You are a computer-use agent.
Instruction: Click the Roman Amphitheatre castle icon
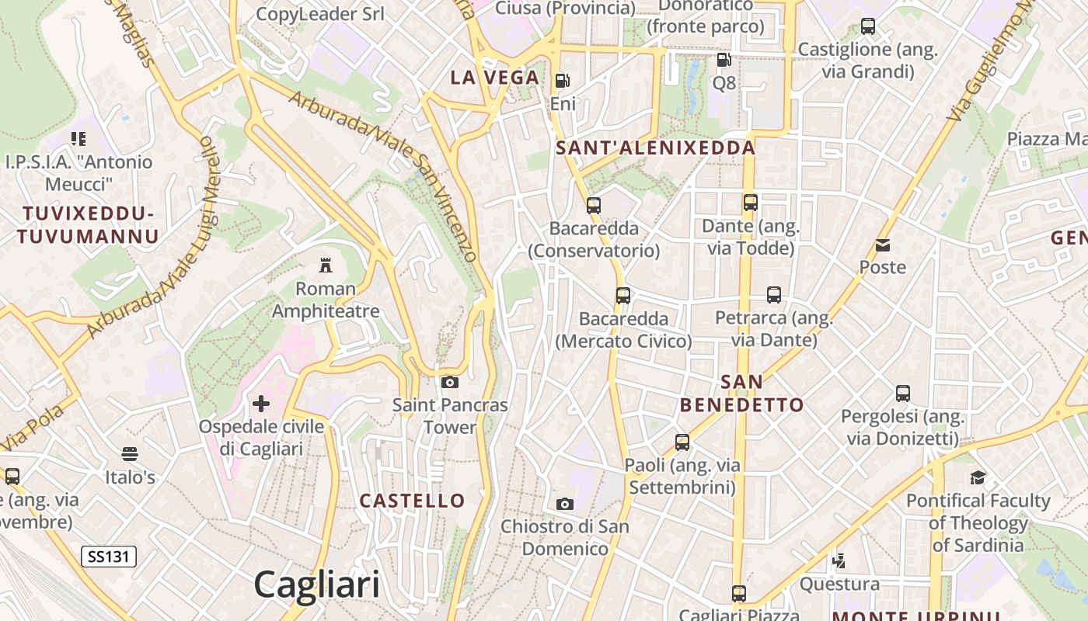326,265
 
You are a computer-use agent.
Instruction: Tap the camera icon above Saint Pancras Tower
449,382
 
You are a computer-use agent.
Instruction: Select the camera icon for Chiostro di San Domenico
565,504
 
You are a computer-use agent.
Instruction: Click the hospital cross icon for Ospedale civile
261,404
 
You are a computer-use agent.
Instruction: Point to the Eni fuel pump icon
562,81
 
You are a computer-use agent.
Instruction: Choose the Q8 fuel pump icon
724,60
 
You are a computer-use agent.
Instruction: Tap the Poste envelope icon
883,245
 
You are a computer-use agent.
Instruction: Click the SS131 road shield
109,556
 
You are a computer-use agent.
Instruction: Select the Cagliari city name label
317,585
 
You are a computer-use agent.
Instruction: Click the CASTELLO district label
412,501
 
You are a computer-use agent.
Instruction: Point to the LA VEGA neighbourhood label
495,77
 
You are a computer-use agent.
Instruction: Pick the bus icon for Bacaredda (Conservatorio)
594,206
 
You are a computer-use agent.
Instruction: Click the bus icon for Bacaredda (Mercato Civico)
623,296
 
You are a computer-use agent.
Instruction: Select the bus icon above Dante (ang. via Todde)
751,203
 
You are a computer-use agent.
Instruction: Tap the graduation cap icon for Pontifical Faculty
978,477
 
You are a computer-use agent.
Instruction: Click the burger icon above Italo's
130,454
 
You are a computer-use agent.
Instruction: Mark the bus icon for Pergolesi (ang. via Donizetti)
902,394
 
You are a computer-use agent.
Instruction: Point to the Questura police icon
839,560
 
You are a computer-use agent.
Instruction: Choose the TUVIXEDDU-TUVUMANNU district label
88,225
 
